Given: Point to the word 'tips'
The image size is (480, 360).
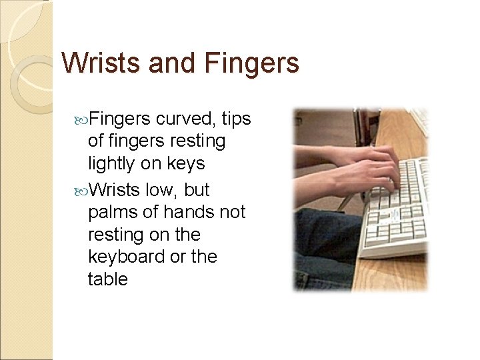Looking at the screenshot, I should coord(236,119).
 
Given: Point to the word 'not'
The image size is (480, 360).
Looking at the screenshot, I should coord(233,212).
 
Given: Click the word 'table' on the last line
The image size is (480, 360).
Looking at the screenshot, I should coord(107,279).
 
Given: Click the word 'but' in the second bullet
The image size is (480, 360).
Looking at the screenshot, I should coord(197,190).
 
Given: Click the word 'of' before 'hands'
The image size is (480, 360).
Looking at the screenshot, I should coord(153,212).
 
